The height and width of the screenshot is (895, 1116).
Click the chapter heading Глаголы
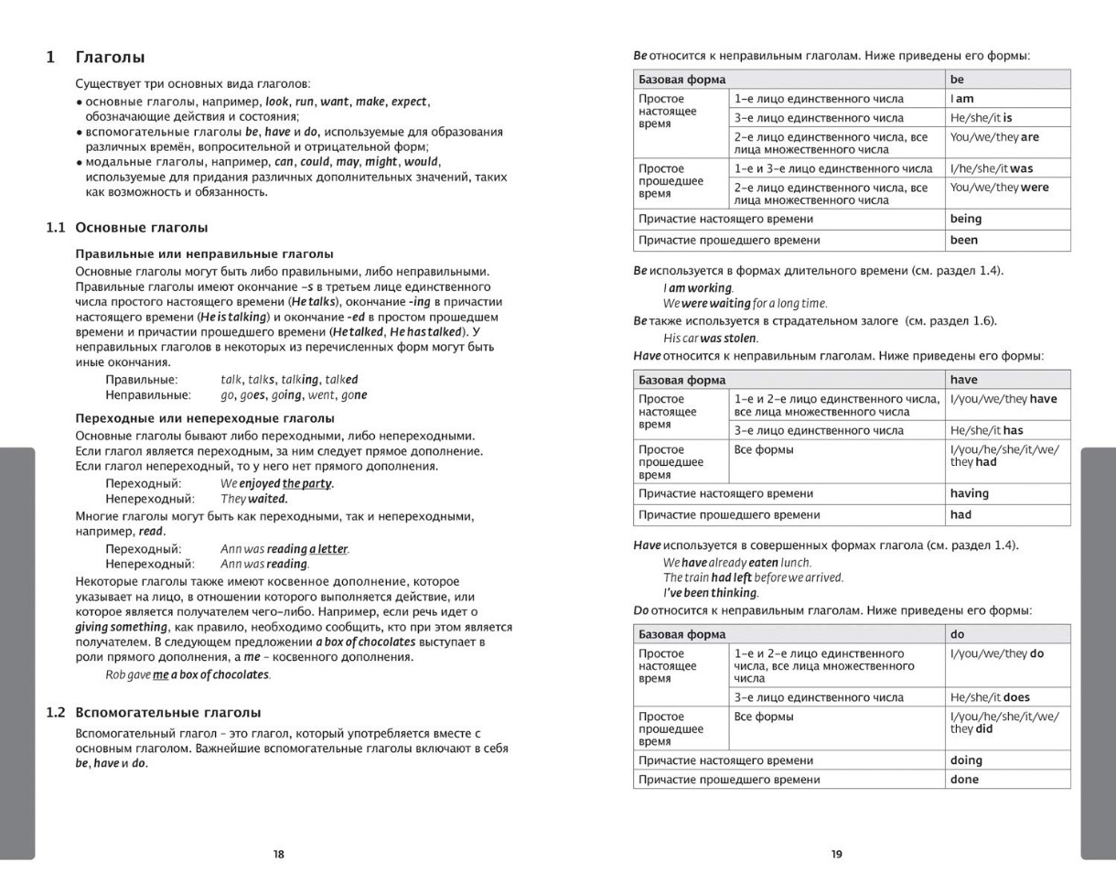point(110,58)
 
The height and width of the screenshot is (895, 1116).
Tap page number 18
point(279,854)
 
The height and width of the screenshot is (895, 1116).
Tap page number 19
point(837,854)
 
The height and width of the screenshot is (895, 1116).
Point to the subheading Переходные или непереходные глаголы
point(205,417)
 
